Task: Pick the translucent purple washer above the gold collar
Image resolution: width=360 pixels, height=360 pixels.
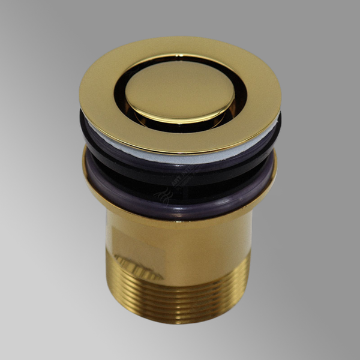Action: coord(180,192)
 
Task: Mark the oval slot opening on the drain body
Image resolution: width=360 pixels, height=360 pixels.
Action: coord(138,266)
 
